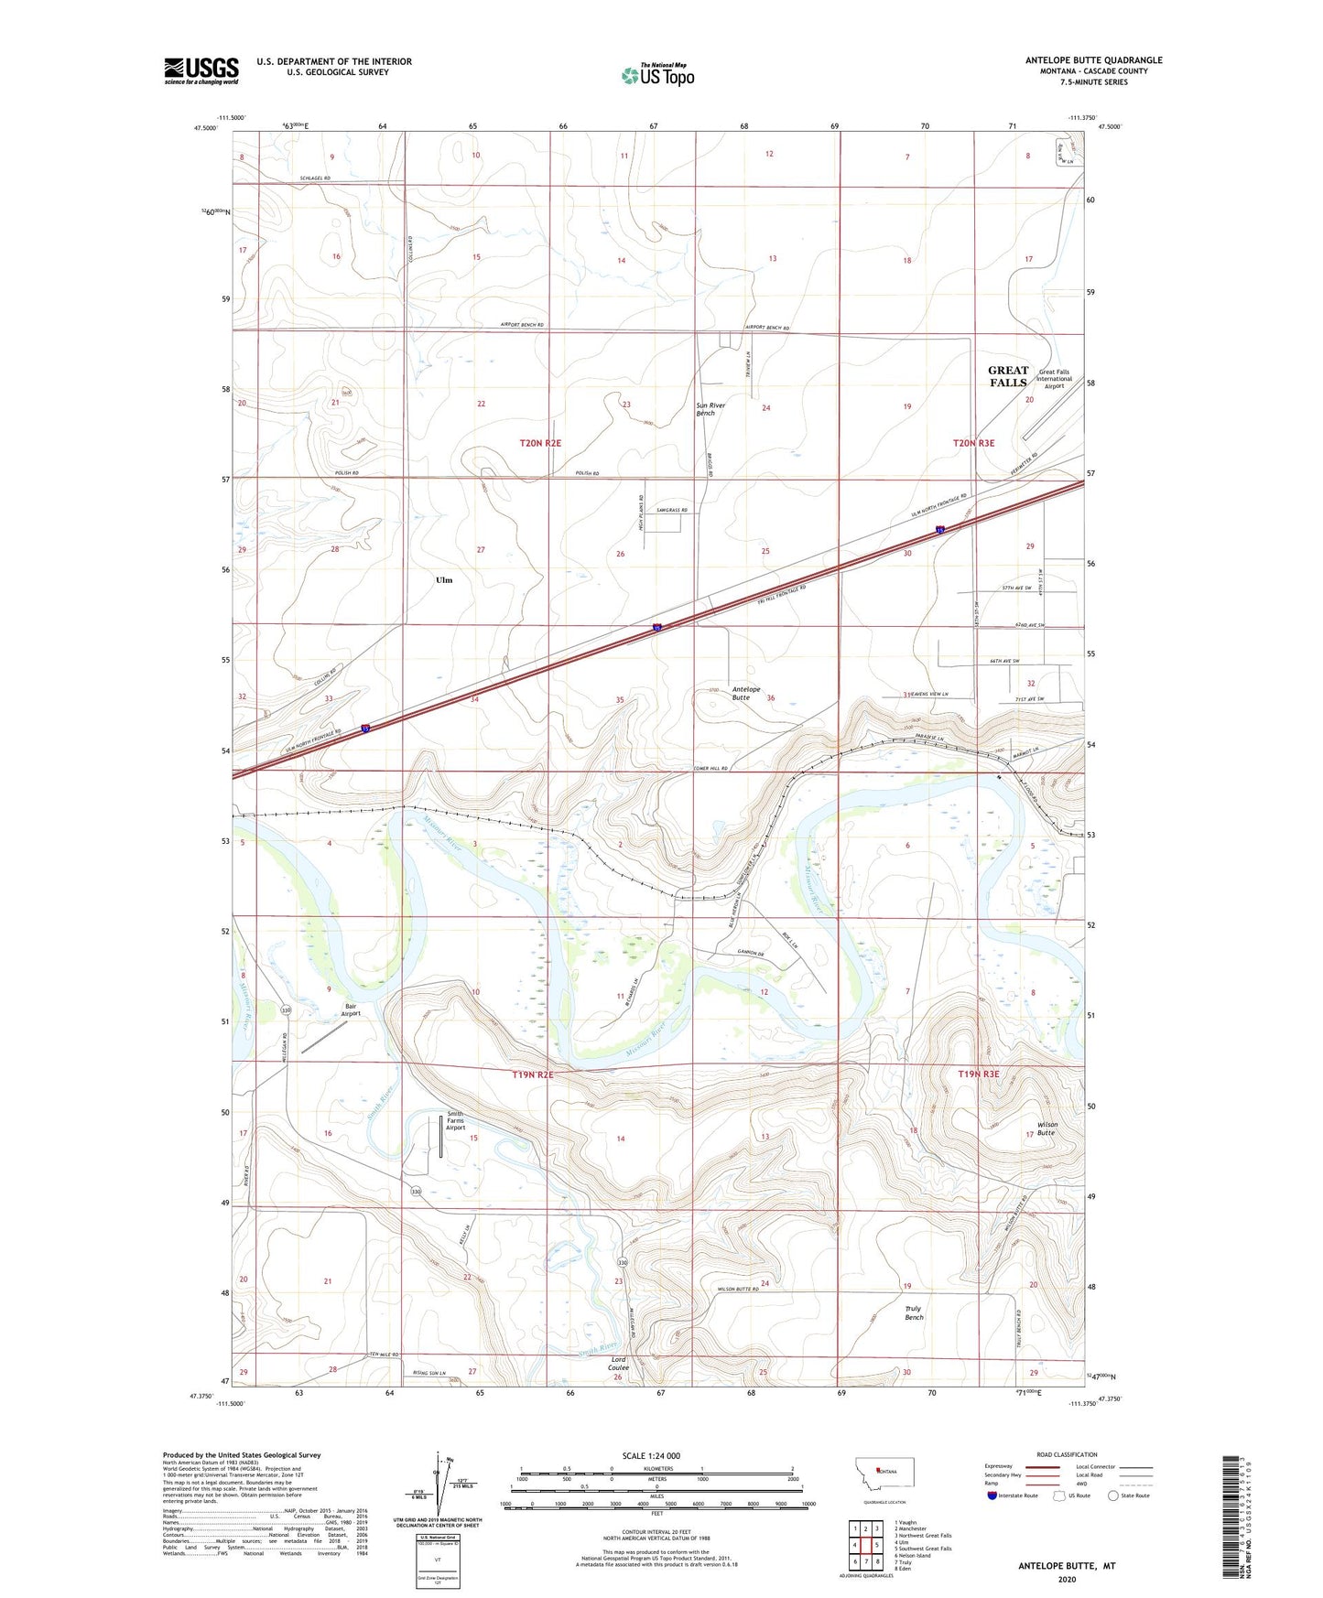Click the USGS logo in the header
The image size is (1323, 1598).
click(201, 70)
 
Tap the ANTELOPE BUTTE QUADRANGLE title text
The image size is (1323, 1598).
click(1093, 60)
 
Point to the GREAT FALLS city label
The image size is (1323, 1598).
click(1007, 377)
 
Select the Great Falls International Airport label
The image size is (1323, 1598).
click(1053, 379)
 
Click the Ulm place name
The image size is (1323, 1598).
click(444, 580)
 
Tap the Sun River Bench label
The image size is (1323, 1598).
click(710, 409)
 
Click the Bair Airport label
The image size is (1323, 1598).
click(351, 1010)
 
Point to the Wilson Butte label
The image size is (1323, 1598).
click(1046, 1128)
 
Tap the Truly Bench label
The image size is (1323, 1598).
click(913, 1312)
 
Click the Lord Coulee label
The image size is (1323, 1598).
click(618, 1364)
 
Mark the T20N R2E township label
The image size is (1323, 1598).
click(540, 443)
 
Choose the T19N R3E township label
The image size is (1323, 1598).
click(978, 1074)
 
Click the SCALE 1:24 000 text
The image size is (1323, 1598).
click(651, 1456)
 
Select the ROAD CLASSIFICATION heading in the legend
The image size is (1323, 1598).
click(1067, 1454)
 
